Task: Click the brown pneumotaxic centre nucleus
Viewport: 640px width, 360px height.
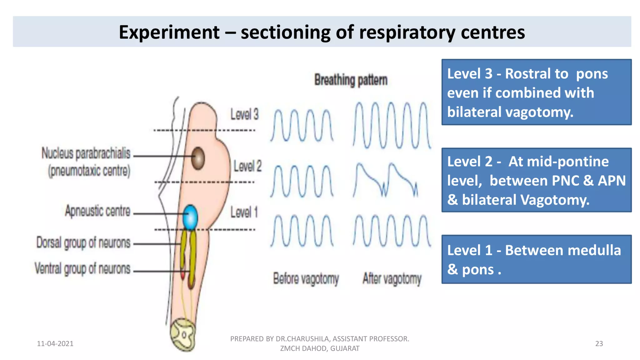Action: [198, 158]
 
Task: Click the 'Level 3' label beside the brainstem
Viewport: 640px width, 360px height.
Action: [244, 114]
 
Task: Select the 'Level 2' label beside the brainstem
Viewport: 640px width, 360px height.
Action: [247, 166]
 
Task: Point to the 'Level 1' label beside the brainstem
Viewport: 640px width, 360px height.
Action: [244, 212]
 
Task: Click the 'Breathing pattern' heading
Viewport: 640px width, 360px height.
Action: [351, 80]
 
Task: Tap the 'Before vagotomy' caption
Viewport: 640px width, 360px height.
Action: [306, 278]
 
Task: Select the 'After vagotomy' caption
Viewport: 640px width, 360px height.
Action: [392, 278]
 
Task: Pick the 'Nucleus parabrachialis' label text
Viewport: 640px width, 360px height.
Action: [86, 153]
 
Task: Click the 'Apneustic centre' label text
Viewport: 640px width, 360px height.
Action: [97, 211]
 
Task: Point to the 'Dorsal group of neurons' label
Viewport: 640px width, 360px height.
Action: [83, 243]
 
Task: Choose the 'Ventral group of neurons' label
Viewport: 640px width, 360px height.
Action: [82, 268]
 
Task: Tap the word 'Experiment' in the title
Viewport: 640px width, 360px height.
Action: [169, 32]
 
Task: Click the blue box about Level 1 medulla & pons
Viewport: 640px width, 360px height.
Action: [536, 259]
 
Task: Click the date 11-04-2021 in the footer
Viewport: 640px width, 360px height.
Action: [55, 343]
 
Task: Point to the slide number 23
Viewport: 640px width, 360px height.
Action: [599, 343]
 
